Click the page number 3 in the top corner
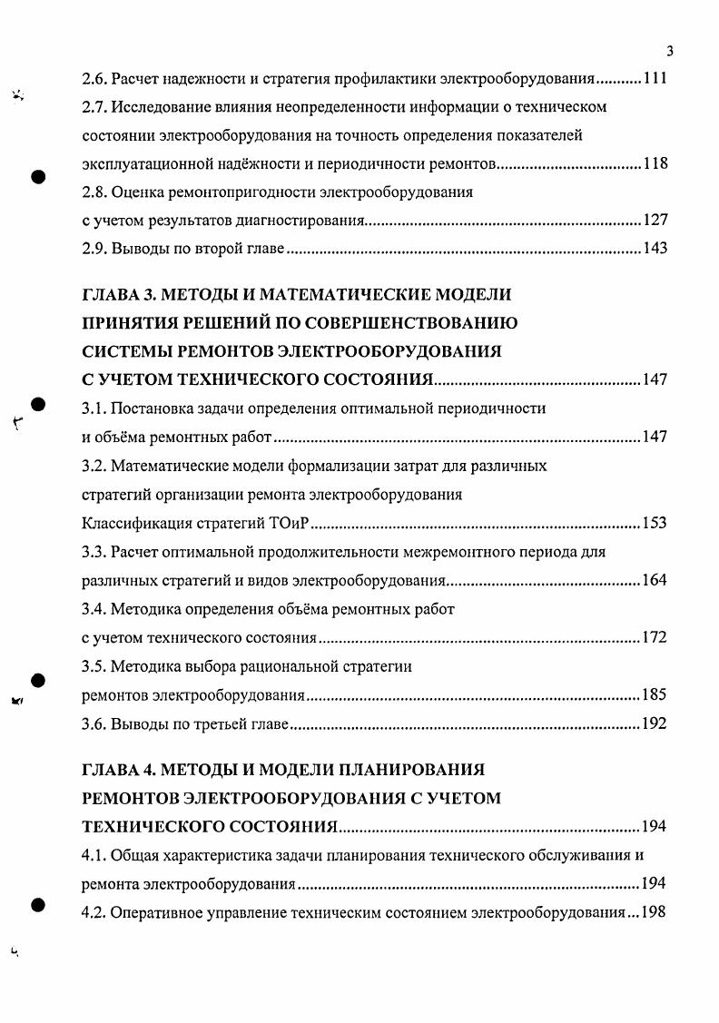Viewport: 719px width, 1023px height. point(669,51)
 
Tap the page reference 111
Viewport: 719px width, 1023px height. point(655,79)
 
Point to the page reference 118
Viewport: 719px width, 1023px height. point(655,164)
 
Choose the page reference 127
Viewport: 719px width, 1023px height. point(655,221)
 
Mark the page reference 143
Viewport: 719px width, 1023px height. point(655,249)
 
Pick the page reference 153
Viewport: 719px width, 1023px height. point(655,523)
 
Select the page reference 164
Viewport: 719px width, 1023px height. point(655,580)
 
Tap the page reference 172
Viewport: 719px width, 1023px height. point(655,637)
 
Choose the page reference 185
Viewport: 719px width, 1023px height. point(655,695)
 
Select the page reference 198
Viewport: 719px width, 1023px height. point(655,911)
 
